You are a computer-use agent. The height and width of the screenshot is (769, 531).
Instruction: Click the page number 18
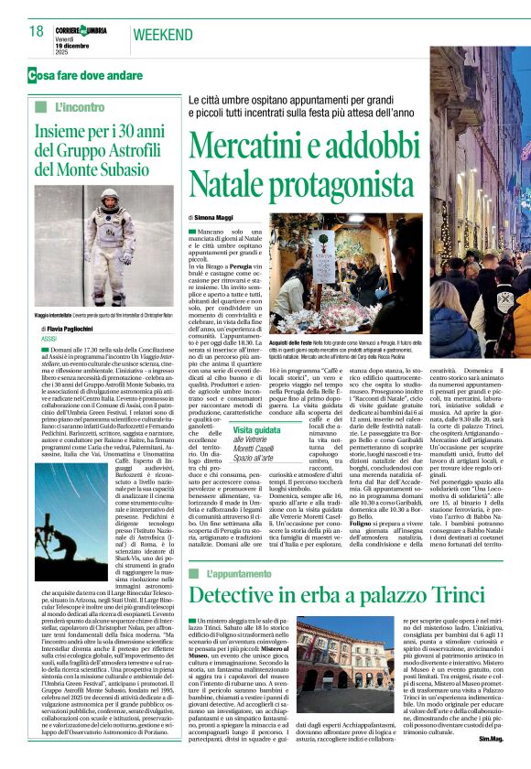point(36,32)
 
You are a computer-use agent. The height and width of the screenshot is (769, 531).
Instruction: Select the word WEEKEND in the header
point(163,35)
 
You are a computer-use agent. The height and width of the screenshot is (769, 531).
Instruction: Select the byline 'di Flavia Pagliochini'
point(81,327)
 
